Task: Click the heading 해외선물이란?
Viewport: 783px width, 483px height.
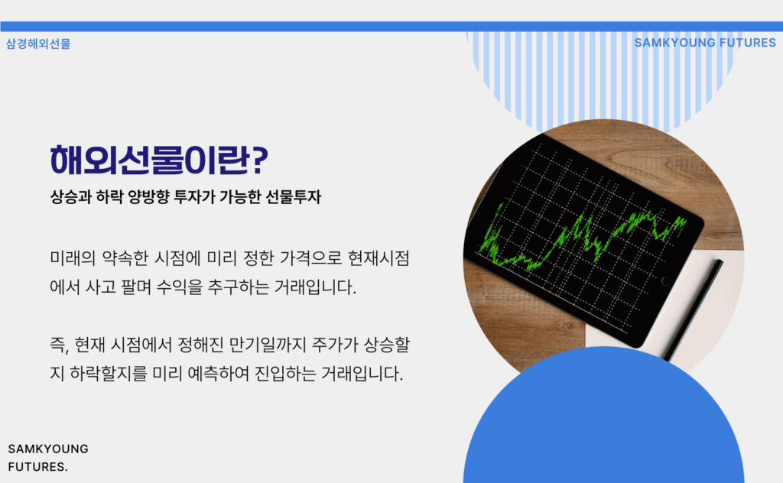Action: tap(159, 160)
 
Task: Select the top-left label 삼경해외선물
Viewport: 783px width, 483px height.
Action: tap(38, 44)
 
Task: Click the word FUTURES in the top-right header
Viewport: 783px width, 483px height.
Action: tap(748, 43)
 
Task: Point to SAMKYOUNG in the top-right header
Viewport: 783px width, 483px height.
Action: tap(674, 43)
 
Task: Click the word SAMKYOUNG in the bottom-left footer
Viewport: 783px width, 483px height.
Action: tap(48, 449)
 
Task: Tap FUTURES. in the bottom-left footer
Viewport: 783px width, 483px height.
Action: tap(38, 467)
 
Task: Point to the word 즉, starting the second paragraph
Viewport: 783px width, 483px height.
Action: tap(59, 345)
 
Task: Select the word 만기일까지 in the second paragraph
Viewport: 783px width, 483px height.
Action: tap(267, 345)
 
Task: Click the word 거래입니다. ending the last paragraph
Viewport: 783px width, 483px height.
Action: tap(362, 374)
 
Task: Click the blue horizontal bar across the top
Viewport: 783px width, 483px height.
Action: tap(391, 27)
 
